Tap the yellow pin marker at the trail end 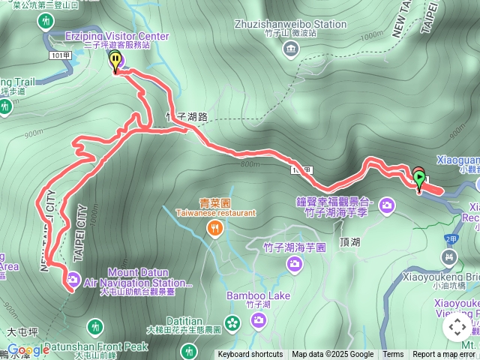click(115, 60)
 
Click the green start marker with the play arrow click(419, 178)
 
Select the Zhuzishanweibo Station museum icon click(290, 49)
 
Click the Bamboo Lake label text click(258, 295)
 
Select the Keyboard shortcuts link click(250, 355)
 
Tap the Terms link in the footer click(393, 355)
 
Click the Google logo click(28, 350)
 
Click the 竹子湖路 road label click(186, 117)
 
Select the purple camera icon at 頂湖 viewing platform click(387, 205)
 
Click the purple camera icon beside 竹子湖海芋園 click(295, 263)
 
